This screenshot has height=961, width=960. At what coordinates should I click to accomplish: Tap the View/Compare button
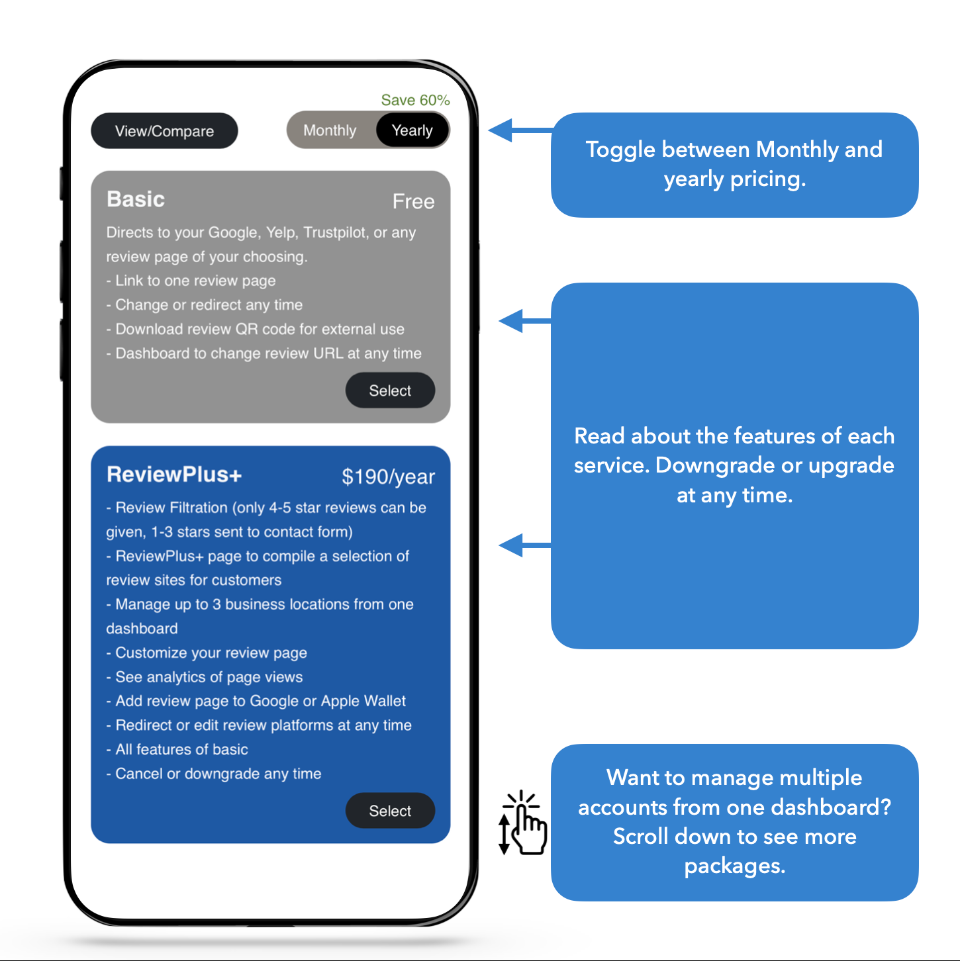point(164,130)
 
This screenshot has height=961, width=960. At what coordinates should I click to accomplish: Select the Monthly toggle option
point(330,130)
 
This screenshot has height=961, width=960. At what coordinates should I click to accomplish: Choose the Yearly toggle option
point(412,130)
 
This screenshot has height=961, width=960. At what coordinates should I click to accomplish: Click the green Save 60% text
point(415,100)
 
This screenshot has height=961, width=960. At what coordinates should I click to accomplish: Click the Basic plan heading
point(136,199)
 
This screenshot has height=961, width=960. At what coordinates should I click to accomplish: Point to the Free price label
point(413,201)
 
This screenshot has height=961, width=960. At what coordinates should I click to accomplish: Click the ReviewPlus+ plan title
point(174,475)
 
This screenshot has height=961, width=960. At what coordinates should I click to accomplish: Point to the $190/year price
point(388,477)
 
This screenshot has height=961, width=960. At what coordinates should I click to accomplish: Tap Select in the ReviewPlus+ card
point(390,810)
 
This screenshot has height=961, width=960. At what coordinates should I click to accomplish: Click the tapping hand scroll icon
point(523,823)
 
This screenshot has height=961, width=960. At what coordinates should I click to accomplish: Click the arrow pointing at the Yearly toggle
point(520,130)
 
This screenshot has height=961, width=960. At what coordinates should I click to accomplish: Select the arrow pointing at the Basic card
point(524,321)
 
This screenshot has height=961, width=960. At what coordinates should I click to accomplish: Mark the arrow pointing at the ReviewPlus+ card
point(524,545)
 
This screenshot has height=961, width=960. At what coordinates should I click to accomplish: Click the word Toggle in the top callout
point(620,150)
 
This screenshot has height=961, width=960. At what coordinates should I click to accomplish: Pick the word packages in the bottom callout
point(734,866)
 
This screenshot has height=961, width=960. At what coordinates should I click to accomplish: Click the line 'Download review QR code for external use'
point(255,329)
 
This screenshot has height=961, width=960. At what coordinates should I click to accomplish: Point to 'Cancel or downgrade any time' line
point(214,774)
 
